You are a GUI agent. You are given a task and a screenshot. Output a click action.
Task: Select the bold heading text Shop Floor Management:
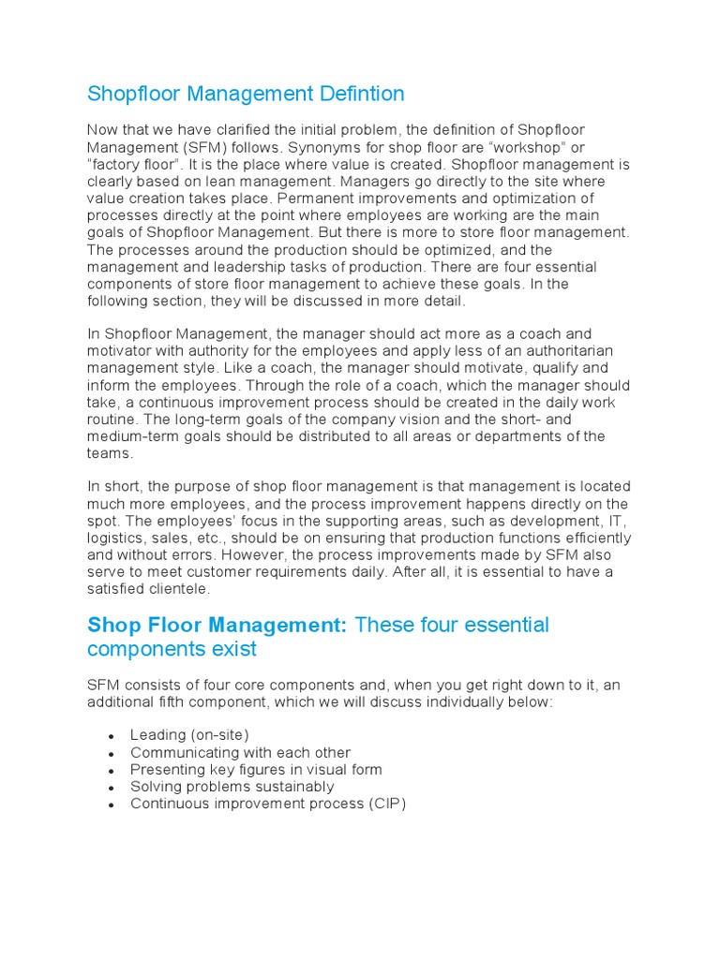point(217,625)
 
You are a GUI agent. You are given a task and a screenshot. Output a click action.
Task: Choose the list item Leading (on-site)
point(190,735)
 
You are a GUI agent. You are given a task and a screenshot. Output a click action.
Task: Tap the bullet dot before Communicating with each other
point(112,754)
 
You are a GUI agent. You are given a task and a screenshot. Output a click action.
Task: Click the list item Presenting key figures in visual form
point(256,770)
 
